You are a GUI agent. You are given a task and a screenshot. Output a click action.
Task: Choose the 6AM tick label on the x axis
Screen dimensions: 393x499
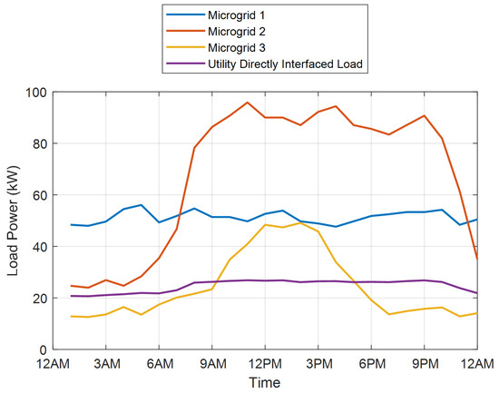pyautogui.click(x=159, y=364)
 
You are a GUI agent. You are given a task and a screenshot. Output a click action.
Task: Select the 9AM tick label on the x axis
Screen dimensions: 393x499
pyautogui.click(x=211, y=364)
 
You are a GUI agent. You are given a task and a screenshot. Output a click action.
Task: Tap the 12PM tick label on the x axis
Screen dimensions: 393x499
pyautogui.click(x=265, y=364)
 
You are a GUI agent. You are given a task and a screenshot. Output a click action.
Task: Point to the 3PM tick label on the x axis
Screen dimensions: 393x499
pyautogui.click(x=318, y=364)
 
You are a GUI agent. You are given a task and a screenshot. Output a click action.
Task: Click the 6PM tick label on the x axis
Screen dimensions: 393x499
pyautogui.click(x=371, y=364)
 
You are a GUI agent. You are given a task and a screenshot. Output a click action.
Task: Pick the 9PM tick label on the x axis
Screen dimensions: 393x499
pyautogui.click(x=424, y=364)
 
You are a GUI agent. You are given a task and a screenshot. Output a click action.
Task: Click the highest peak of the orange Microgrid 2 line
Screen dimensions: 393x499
pyautogui.click(x=247, y=103)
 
